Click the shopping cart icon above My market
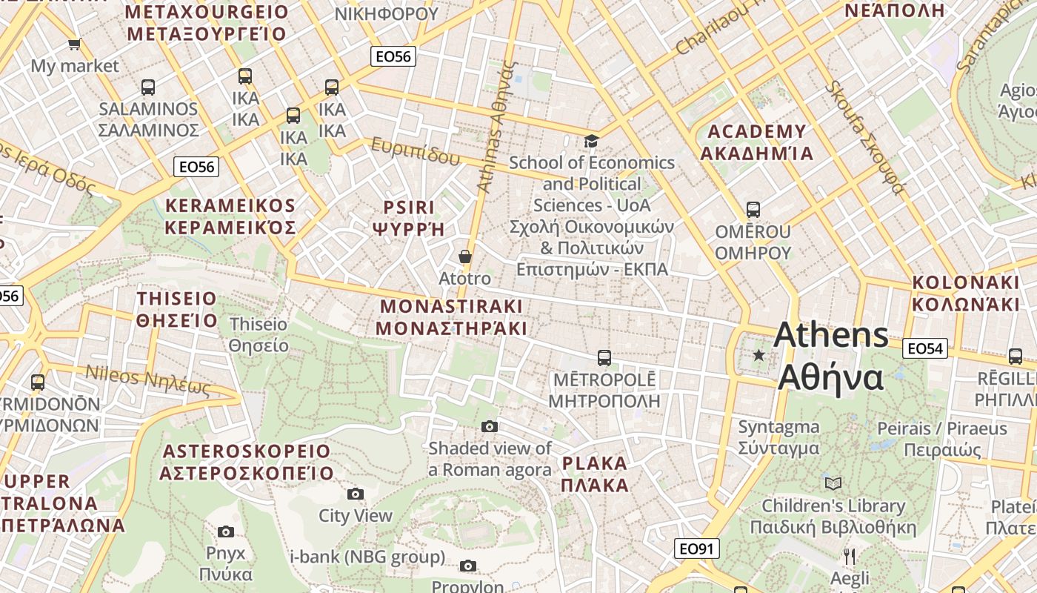[74, 44]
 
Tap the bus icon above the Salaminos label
[148, 87]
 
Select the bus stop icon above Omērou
[753, 210]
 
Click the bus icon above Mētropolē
[604, 358]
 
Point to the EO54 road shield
[926, 348]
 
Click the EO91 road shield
[697, 549]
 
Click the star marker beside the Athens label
[758, 355]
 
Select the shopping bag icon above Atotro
[465, 257]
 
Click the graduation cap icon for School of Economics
[591, 141]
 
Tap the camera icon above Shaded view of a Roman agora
[490, 426]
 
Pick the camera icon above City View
[356, 494]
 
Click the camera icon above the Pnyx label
[226, 531]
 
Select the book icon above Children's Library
[833, 484]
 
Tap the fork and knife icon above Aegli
[850, 556]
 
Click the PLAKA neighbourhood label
[595, 474]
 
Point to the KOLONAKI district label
[965, 294]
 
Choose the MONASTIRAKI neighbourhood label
[451, 317]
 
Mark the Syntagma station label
[778, 437]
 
